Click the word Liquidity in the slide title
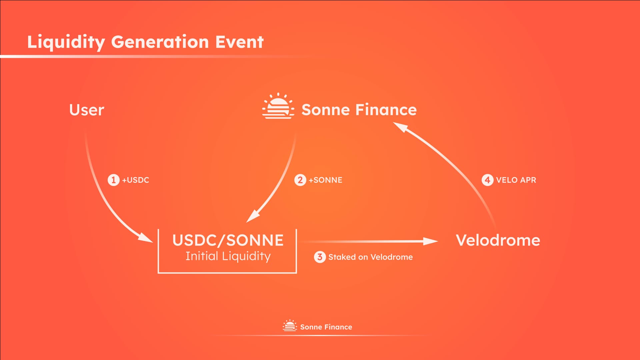pos(66,43)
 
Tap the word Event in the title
pos(239,42)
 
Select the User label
pos(87,110)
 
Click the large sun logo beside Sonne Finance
pos(278,106)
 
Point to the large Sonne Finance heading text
pos(359,110)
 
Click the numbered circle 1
pos(113,180)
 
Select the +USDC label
pos(136,180)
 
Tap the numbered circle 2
pos(300,180)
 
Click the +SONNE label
pos(325,180)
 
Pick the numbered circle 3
pos(320,257)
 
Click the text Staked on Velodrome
pos(370,257)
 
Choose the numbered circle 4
pos(487,180)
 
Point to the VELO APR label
pos(516,180)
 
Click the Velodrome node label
pos(498,240)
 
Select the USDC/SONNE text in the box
pos(228,240)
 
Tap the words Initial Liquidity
pos(228,256)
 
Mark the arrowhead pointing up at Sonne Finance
pos(401,127)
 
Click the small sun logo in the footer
pos(290,325)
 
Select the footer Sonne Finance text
pos(326,327)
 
